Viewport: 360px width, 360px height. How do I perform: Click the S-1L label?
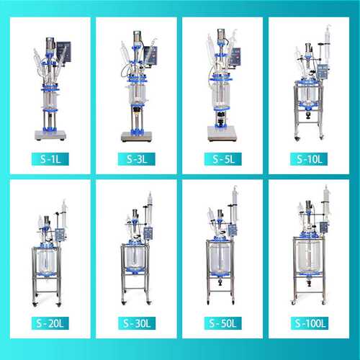click(50, 159)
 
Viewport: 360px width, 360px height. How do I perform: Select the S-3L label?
click(137, 159)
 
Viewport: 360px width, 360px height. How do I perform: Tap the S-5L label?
click(223, 159)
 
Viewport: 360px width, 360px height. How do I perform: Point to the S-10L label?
click(309, 159)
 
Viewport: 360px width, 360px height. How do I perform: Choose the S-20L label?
click(50, 323)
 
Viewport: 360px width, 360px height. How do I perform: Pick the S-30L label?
click(137, 323)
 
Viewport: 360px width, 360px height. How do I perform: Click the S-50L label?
click(223, 323)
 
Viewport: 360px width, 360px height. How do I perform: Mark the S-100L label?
click(310, 323)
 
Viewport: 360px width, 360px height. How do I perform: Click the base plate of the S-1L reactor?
click(50, 135)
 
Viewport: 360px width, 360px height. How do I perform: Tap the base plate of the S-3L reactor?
click(137, 137)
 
